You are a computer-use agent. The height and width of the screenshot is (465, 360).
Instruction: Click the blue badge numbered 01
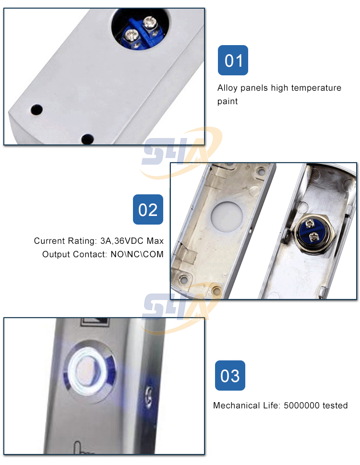click(x=233, y=60)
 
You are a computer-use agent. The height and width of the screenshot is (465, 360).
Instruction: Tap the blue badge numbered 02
click(x=148, y=210)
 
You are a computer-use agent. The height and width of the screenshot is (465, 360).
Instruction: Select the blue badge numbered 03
click(x=229, y=376)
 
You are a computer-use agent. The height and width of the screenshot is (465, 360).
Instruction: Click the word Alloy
click(x=228, y=88)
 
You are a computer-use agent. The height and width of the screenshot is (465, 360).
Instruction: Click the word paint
click(x=228, y=101)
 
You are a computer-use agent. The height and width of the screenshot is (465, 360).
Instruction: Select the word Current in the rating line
click(x=49, y=240)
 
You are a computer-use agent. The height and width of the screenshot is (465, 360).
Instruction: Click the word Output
click(x=56, y=254)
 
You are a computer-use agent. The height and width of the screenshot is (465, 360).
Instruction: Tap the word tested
click(x=335, y=405)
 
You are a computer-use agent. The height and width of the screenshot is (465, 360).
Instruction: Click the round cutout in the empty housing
click(x=225, y=214)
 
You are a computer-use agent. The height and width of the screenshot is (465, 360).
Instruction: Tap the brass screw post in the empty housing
click(x=217, y=290)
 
